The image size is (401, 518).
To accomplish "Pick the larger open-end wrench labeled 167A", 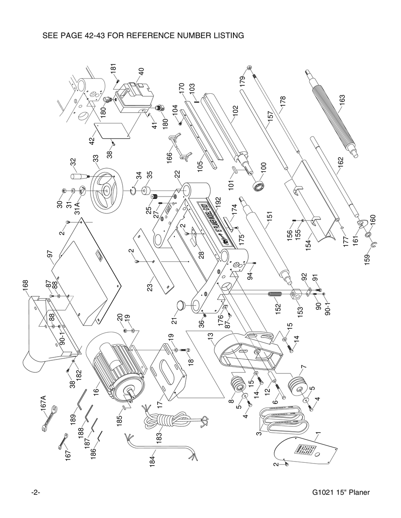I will [x=49, y=419].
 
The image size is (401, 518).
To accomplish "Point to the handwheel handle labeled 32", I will [x=79, y=177].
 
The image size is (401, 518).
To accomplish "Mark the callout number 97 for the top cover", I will [x=50, y=254].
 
